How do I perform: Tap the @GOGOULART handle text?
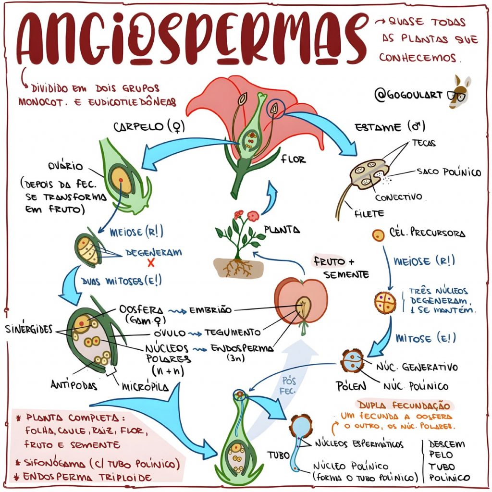pyautogui.click(x=409, y=96)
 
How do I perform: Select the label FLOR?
pyautogui.click(x=293, y=159)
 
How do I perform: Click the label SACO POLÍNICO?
pyautogui.click(x=448, y=172)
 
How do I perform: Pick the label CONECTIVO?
pyautogui.click(x=398, y=197)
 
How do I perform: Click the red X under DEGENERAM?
pyautogui.click(x=151, y=263)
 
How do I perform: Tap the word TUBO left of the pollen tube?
pyautogui.click(x=279, y=455)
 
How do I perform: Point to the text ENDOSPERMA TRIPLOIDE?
pyautogui.click(x=87, y=477)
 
